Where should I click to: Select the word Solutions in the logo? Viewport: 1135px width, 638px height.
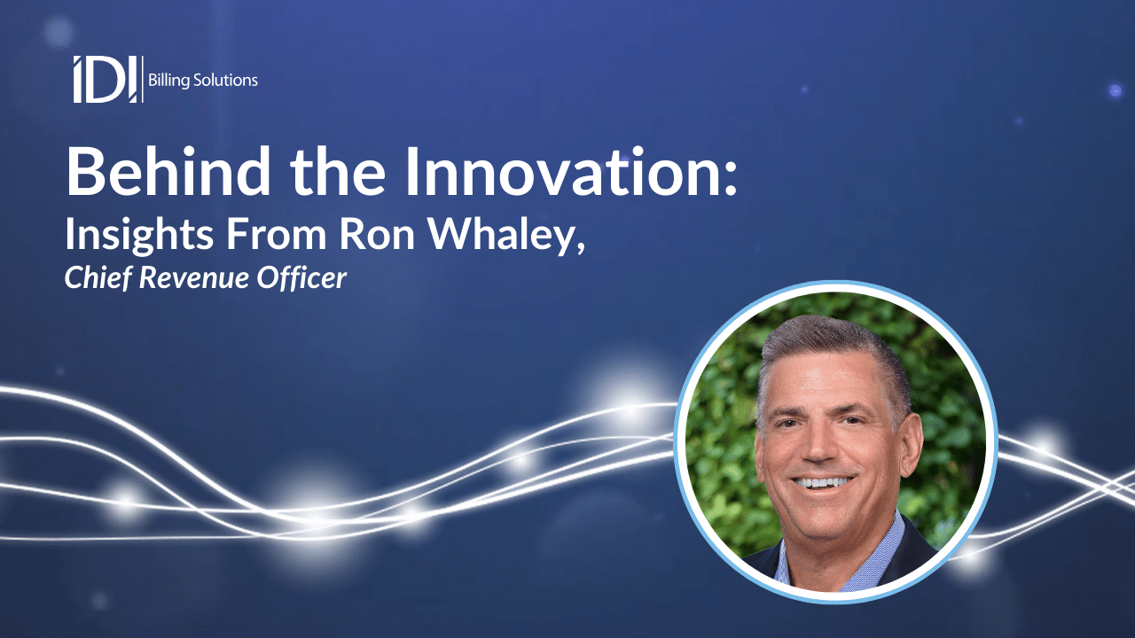(x=227, y=81)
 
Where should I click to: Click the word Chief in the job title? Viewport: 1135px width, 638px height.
(x=93, y=278)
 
